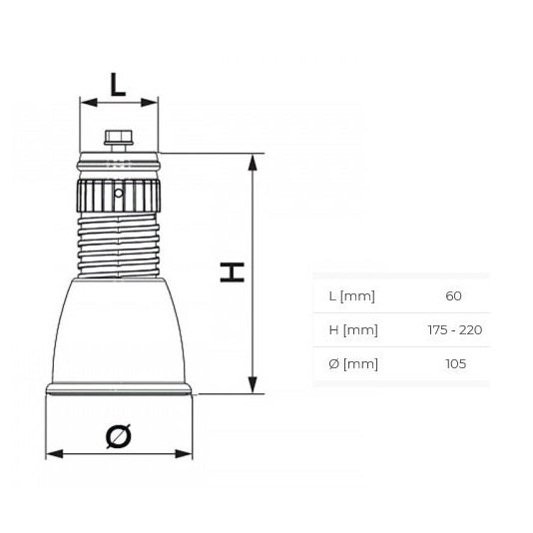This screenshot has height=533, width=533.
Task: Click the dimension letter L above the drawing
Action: click(x=119, y=84)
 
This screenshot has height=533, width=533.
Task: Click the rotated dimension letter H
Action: click(x=233, y=272)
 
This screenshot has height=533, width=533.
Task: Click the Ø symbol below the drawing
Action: click(x=118, y=435)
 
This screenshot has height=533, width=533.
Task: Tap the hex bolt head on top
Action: click(x=119, y=137)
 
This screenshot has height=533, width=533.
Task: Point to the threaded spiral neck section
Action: click(x=119, y=244)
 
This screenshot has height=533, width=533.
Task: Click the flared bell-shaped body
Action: click(x=119, y=329)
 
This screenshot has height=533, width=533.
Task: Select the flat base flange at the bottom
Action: click(x=119, y=390)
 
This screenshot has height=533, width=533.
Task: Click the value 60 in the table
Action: click(x=454, y=296)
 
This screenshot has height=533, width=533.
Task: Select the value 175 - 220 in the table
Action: click(x=454, y=330)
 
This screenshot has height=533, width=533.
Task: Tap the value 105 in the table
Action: click(x=455, y=363)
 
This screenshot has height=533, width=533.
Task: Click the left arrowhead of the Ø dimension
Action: click(x=53, y=454)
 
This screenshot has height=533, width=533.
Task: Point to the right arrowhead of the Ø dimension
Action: click(x=185, y=454)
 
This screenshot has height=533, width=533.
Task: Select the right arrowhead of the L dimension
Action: click(x=152, y=102)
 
